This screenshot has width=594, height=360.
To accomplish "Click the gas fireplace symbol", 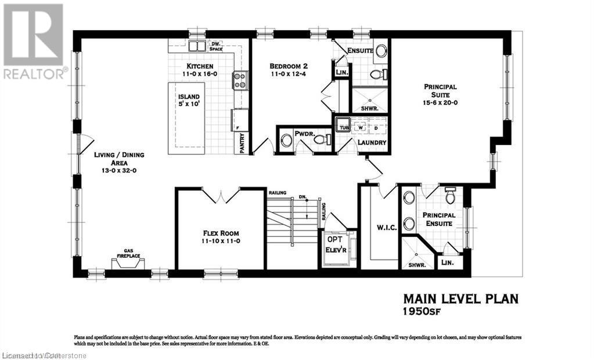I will tap(129, 263).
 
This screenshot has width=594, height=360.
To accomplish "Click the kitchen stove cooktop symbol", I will tap(240, 80).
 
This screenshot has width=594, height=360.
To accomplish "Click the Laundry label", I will tap(372, 142).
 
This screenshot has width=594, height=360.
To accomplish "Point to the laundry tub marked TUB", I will tap(343, 127).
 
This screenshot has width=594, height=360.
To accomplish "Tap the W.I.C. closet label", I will tap(386, 228).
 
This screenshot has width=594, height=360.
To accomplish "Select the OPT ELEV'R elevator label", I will tap(334, 243).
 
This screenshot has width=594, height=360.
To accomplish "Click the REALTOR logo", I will tap(34, 41).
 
